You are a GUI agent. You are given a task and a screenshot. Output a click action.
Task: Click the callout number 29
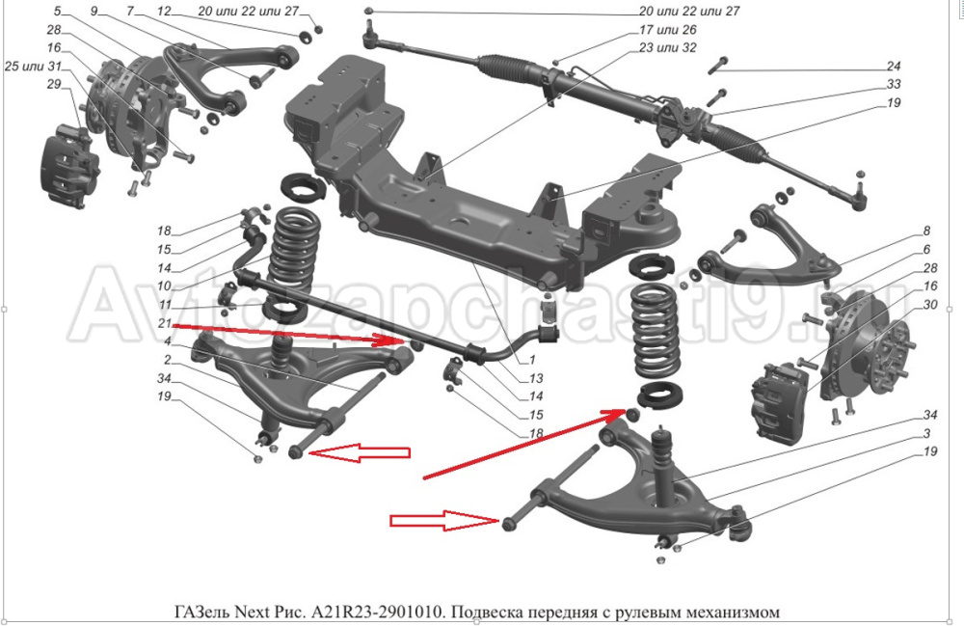(53, 85)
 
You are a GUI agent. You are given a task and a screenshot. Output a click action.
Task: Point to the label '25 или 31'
(33, 67)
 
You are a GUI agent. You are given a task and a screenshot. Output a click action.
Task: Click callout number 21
(165, 322)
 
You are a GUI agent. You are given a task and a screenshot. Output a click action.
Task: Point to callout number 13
(538, 377)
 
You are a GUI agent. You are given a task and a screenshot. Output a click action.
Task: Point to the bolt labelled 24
(721, 67)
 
